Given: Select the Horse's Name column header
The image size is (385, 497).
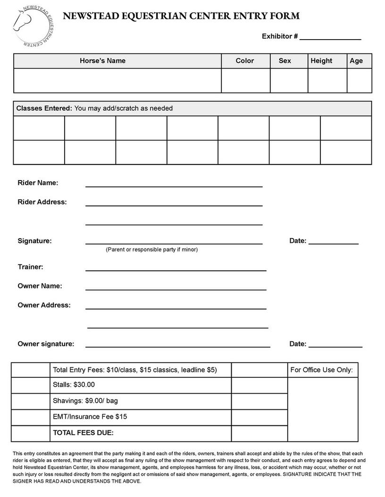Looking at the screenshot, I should (x=102, y=61).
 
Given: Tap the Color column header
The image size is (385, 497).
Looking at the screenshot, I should (x=244, y=61).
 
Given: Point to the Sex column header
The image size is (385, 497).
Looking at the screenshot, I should (x=285, y=61).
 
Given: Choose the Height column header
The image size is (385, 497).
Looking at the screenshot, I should (x=321, y=61).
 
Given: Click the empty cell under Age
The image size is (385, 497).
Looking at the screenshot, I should (x=359, y=81).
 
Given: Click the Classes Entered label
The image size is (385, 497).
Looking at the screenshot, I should (x=44, y=108).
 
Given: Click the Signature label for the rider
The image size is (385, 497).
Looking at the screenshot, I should (x=34, y=241).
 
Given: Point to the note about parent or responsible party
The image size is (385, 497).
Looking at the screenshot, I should (x=151, y=249).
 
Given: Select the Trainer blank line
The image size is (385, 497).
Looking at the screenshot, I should (x=176, y=270).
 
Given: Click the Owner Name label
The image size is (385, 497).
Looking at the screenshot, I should (x=40, y=286).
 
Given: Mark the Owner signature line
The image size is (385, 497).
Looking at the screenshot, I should (x=177, y=347).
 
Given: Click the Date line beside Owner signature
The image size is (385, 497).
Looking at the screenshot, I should (x=335, y=347).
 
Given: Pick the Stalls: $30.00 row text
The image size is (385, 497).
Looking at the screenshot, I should (x=74, y=385).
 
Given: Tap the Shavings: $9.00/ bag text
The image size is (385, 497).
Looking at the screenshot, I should (x=85, y=401).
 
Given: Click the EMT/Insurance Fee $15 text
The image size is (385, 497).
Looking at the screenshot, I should (x=90, y=417).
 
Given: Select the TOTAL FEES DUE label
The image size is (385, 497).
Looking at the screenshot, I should (x=83, y=433).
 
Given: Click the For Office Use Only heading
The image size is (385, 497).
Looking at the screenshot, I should (x=321, y=370).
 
